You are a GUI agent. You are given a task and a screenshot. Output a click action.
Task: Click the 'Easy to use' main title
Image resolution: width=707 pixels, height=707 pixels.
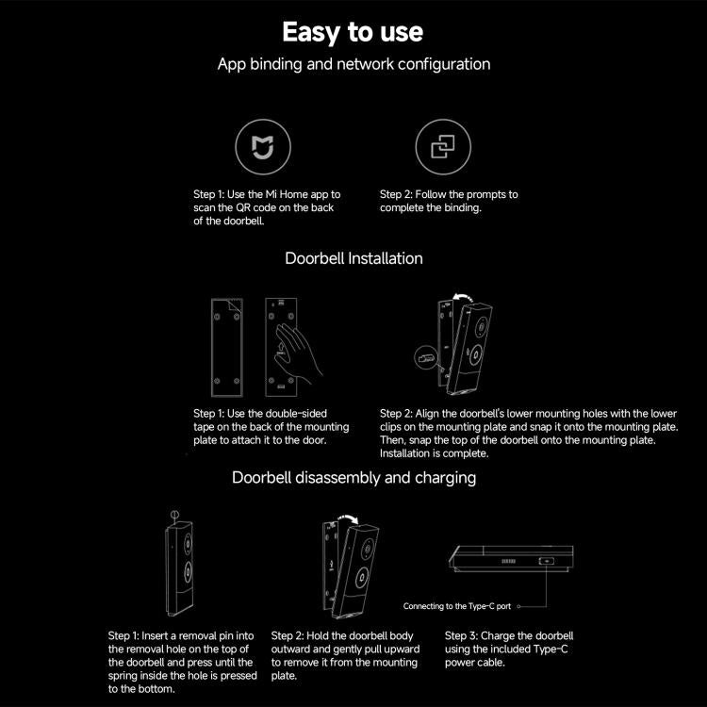[x=353, y=32]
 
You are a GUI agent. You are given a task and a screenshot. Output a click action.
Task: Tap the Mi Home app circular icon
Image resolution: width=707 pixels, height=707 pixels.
[x=262, y=148]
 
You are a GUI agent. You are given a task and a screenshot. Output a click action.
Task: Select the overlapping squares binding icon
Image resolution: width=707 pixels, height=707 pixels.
[x=443, y=148]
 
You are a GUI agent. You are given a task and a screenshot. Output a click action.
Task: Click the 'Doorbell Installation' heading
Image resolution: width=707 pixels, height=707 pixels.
[x=353, y=258]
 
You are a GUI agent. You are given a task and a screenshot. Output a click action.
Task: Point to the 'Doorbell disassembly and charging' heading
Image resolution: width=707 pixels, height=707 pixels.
[x=353, y=478]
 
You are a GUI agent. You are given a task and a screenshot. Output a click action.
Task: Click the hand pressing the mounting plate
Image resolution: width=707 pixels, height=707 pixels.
[x=299, y=351]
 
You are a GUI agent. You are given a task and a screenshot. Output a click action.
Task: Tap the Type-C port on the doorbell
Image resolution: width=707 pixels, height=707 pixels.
[x=548, y=561]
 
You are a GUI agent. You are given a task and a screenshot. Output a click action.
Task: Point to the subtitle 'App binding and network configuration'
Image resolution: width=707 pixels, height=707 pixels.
[x=353, y=65]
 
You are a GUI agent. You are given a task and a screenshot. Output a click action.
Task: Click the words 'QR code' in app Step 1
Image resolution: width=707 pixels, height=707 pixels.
[x=283, y=207]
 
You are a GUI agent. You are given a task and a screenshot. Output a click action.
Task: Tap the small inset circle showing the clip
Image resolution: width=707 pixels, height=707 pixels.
[x=425, y=357]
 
